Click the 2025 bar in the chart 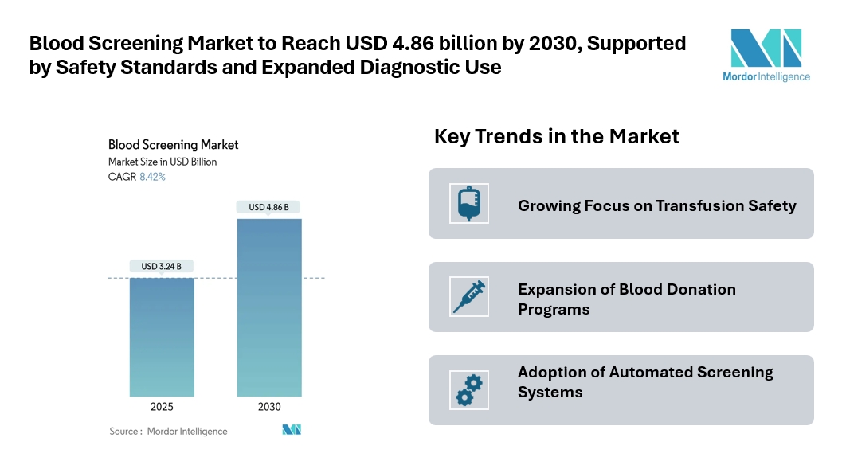pos(162,337)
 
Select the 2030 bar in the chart pos(269,307)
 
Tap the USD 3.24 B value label pos(162,266)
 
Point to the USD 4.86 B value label pos(269,207)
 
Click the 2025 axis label pos(162,407)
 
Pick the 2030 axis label pos(269,407)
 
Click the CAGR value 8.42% pos(152,177)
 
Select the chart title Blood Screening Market pos(173,145)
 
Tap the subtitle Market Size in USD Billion pos(163,162)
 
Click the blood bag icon pos(468,203)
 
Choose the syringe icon pos(468,296)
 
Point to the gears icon pos(468,389)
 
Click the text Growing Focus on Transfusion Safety pos(656,205)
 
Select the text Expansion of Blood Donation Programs pos(626,299)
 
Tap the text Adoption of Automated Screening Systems pos(645,382)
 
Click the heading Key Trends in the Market pos(556,136)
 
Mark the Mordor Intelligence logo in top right pos(770,56)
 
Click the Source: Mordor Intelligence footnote pos(168,431)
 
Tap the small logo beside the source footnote pos(292,430)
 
